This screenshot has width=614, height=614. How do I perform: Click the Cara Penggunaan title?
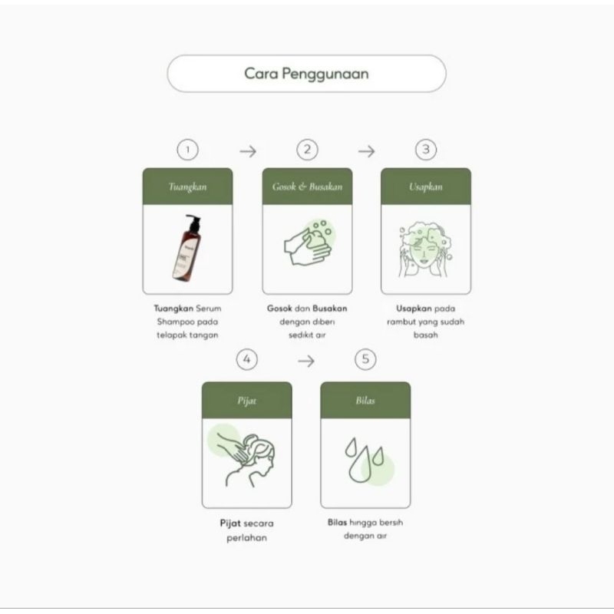[x=306, y=74]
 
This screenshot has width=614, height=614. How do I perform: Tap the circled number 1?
[x=187, y=150]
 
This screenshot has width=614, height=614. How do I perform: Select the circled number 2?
[x=308, y=150]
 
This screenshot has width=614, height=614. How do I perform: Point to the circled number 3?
[x=426, y=150]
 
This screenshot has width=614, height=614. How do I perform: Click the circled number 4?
[x=246, y=359]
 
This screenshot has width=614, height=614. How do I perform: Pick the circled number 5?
[x=365, y=359]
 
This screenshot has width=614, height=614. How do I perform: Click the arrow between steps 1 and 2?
[x=248, y=151]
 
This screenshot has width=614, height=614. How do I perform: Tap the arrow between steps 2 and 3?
[x=367, y=151]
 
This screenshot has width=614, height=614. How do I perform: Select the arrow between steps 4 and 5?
[x=306, y=361]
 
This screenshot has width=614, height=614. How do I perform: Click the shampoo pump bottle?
[x=188, y=248]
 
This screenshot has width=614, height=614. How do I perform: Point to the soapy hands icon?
[x=309, y=243]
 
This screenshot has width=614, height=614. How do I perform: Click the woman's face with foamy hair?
[x=425, y=249]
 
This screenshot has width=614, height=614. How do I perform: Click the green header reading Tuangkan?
[x=187, y=187]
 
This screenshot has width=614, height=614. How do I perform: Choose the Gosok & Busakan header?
[x=308, y=187]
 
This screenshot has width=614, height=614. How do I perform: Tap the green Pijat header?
[x=246, y=400]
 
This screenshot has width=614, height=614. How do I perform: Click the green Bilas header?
[x=365, y=400]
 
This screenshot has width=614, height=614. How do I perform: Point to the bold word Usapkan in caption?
[x=414, y=309]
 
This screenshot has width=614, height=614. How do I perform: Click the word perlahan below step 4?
[x=246, y=538]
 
